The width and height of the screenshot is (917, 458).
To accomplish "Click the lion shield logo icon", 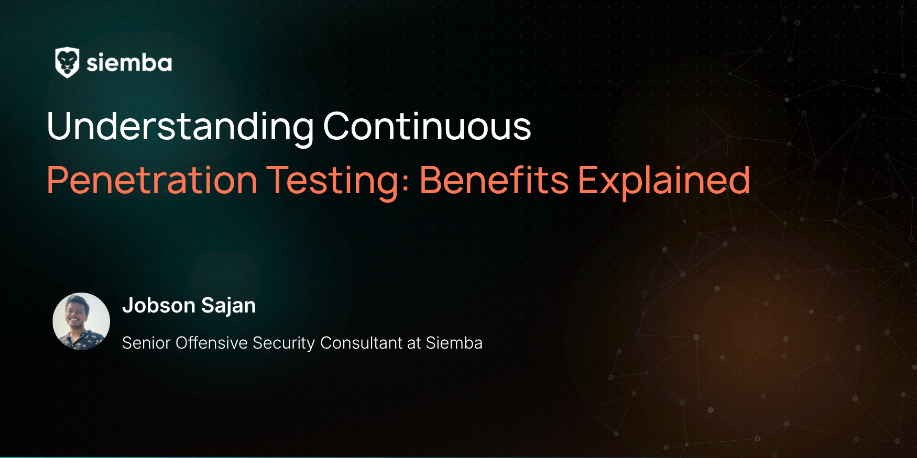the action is coord(67,63).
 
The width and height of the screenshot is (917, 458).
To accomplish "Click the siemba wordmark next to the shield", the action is coord(129,63).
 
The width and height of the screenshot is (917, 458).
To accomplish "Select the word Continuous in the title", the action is coord(427,126).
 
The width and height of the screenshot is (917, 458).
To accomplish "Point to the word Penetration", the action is coord(152,180).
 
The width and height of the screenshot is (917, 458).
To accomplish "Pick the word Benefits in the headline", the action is coord(494,180).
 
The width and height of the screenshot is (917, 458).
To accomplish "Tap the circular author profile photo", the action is coord(81,321).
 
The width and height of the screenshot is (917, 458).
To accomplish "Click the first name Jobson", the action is coord(159,306).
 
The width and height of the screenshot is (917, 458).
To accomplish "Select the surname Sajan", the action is coord(228,306).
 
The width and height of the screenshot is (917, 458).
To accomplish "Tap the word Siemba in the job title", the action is coord(454,343).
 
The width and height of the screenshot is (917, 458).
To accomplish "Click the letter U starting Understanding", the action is coord(59,126).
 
